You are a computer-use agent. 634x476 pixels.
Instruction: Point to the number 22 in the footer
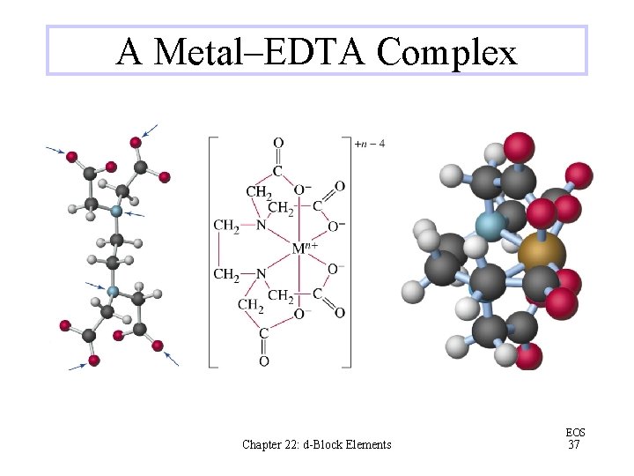click(298, 444)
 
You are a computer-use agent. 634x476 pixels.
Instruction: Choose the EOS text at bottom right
click(573, 432)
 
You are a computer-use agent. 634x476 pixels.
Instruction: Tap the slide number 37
click(573, 445)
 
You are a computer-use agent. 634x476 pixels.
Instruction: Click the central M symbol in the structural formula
click(299, 249)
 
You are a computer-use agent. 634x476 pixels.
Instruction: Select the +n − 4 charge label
click(369, 143)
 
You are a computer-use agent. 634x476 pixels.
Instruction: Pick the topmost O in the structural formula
click(278, 144)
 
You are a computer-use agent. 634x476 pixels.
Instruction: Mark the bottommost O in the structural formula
click(264, 361)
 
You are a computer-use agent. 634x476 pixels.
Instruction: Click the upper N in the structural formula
click(261, 226)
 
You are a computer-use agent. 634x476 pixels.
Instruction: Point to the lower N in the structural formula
click(261, 273)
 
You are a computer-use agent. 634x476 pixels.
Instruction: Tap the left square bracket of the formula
click(211, 251)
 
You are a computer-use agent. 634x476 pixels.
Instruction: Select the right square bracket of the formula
click(347, 251)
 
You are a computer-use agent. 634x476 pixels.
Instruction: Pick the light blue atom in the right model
click(489, 225)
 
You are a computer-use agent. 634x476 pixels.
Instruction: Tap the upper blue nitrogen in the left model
click(115, 212)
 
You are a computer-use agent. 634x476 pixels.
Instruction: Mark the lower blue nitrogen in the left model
click(112, 291)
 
